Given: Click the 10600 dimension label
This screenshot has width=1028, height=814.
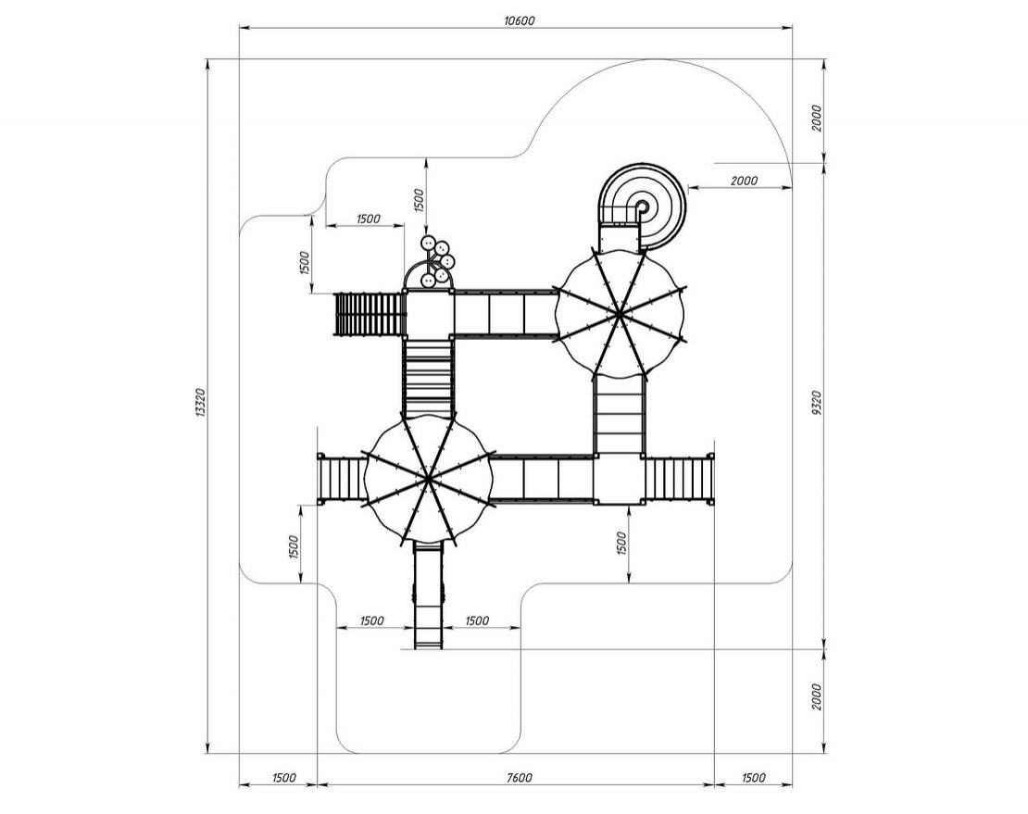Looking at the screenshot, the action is tap(520, 20).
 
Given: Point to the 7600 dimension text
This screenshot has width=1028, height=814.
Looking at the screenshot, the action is tap(520, 778).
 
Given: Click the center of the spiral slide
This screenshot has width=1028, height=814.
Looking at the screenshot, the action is tap(643, 207).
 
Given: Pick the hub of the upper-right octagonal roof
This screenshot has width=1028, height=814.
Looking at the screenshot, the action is tap(619, 315).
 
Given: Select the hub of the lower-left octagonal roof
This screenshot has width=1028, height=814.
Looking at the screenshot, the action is tap(428, 479).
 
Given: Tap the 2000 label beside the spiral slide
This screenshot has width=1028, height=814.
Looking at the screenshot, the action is tap(744, 181).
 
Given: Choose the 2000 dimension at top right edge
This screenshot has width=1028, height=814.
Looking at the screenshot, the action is tap(816, 118).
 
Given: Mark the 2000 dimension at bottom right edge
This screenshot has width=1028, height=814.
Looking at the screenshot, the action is tap(816, 696).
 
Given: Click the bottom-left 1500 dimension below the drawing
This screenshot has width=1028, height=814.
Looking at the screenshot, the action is tap(283, 778).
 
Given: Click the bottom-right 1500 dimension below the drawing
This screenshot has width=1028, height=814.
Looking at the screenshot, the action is tap(753, 778).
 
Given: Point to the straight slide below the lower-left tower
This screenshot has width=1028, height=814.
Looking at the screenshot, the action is tap(428, 596).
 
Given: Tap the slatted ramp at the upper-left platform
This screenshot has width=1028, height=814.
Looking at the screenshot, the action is tap(369, 314).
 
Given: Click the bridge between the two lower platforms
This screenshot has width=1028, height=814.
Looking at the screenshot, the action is tap(543, 479).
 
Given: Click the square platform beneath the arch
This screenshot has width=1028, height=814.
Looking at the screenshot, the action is tap(428, 315).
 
